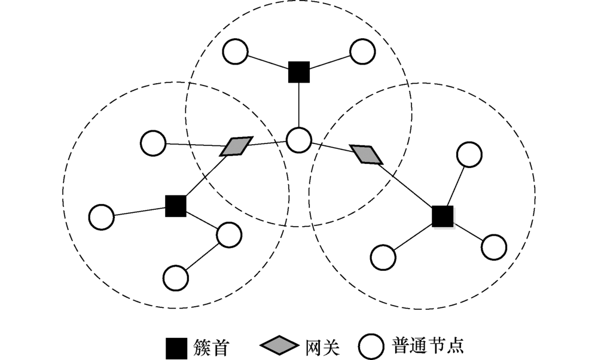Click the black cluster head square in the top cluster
[298, 72]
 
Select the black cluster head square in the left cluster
[175, 206]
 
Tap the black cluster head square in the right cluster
[443, 216]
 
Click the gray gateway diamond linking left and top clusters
[235, 146]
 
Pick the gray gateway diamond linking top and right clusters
[365, 154]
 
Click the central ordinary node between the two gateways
[298, 141]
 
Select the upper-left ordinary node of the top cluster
[235, 52]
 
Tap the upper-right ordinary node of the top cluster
[362, 52]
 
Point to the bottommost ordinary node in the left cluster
[176, 277]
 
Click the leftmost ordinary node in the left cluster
[102, 217]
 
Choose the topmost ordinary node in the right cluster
[469, 154]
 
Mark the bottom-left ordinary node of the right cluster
[383, 257]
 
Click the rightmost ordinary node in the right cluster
[494, 247]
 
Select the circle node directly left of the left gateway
[152, 144]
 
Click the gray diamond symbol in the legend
[279, 346]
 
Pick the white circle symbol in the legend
[371, 346]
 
